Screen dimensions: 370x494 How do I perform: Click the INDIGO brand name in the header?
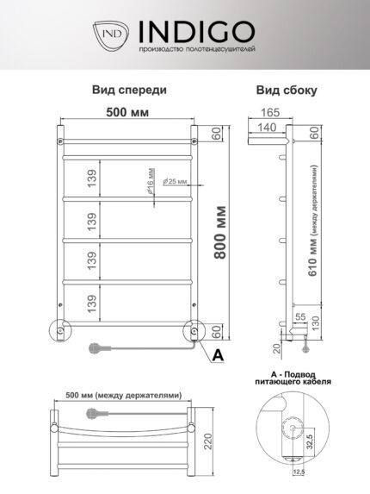(197, 32)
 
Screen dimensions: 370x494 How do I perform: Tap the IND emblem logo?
(111, 34)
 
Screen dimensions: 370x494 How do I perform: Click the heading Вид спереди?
(129, 91)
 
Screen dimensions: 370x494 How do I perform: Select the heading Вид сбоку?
(287, 91)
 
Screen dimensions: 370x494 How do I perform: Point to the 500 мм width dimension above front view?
(127, 112)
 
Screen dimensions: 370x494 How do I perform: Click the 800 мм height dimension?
(220, 233)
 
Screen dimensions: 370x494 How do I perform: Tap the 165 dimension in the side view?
(270, 112)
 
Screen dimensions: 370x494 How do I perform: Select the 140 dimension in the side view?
(268, 128)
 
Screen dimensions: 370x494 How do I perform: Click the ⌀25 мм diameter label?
(175, 181)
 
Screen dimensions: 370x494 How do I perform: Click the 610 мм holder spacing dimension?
(313, 221)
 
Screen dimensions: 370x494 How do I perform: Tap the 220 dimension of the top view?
(208, 441)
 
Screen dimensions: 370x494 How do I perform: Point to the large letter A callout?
(218, 355)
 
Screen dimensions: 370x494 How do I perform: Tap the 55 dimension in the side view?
(300, 316)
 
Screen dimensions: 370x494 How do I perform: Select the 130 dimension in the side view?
(315, 323)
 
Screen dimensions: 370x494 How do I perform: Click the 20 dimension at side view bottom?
(277, 349)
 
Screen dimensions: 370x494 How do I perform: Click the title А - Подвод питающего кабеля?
(293, 378)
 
